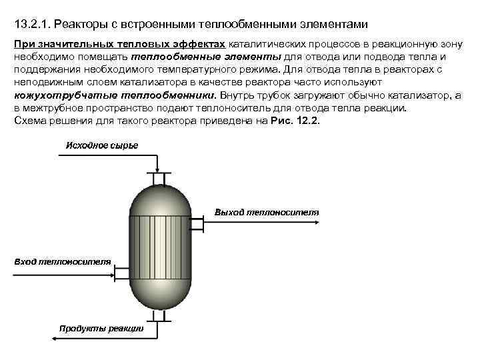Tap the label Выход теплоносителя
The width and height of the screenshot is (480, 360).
tap(267, 212)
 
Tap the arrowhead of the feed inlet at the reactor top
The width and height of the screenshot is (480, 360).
tap(157, 171)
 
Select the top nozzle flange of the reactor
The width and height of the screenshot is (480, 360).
tap(158, 178)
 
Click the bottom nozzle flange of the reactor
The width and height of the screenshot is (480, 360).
tap(158, 315)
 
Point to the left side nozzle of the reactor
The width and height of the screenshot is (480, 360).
tap(121, 271)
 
